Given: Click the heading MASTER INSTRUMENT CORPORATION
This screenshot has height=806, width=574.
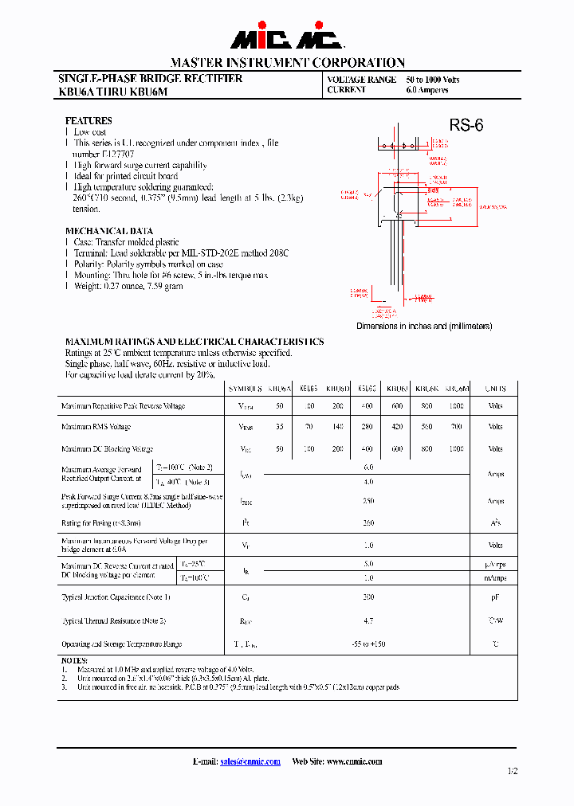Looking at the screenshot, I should [x=287, y=62].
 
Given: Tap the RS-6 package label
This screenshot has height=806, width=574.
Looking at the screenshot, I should [x=466, y=125].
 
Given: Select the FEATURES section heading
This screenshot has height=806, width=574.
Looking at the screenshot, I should [x=88, y=121].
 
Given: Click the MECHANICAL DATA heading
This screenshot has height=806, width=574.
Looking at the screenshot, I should [x=108, y=231].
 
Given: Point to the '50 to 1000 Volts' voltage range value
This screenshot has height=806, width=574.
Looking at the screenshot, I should [x=433, y=80].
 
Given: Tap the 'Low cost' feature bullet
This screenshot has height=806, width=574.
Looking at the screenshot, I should [x=90, y=132].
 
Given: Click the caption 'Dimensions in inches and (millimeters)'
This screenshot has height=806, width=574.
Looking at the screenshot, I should [x=424, y=327].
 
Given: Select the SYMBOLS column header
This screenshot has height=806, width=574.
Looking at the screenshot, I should [x=246, y=389].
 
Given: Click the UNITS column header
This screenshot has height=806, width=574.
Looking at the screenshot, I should [x=495, y=389].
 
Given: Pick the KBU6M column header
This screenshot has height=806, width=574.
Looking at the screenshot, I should [x=456, y=389].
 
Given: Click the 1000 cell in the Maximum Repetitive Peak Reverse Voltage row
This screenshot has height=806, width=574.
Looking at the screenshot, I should [x=456, y=406].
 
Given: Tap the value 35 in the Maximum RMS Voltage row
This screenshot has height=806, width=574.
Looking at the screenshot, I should [x=279, y=427].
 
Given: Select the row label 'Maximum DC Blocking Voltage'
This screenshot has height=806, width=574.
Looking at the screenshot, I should [x=108, y=449].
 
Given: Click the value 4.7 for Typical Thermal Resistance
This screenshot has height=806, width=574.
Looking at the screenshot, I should [x=368, y=620].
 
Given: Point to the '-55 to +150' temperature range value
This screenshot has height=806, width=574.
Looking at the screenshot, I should [x=368, y=644].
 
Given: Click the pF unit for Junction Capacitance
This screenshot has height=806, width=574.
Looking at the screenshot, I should [x=495, y=597].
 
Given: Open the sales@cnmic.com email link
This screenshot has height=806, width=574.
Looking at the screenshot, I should [x=250, y=761].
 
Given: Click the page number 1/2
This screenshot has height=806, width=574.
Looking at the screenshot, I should [x=512, y=771].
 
